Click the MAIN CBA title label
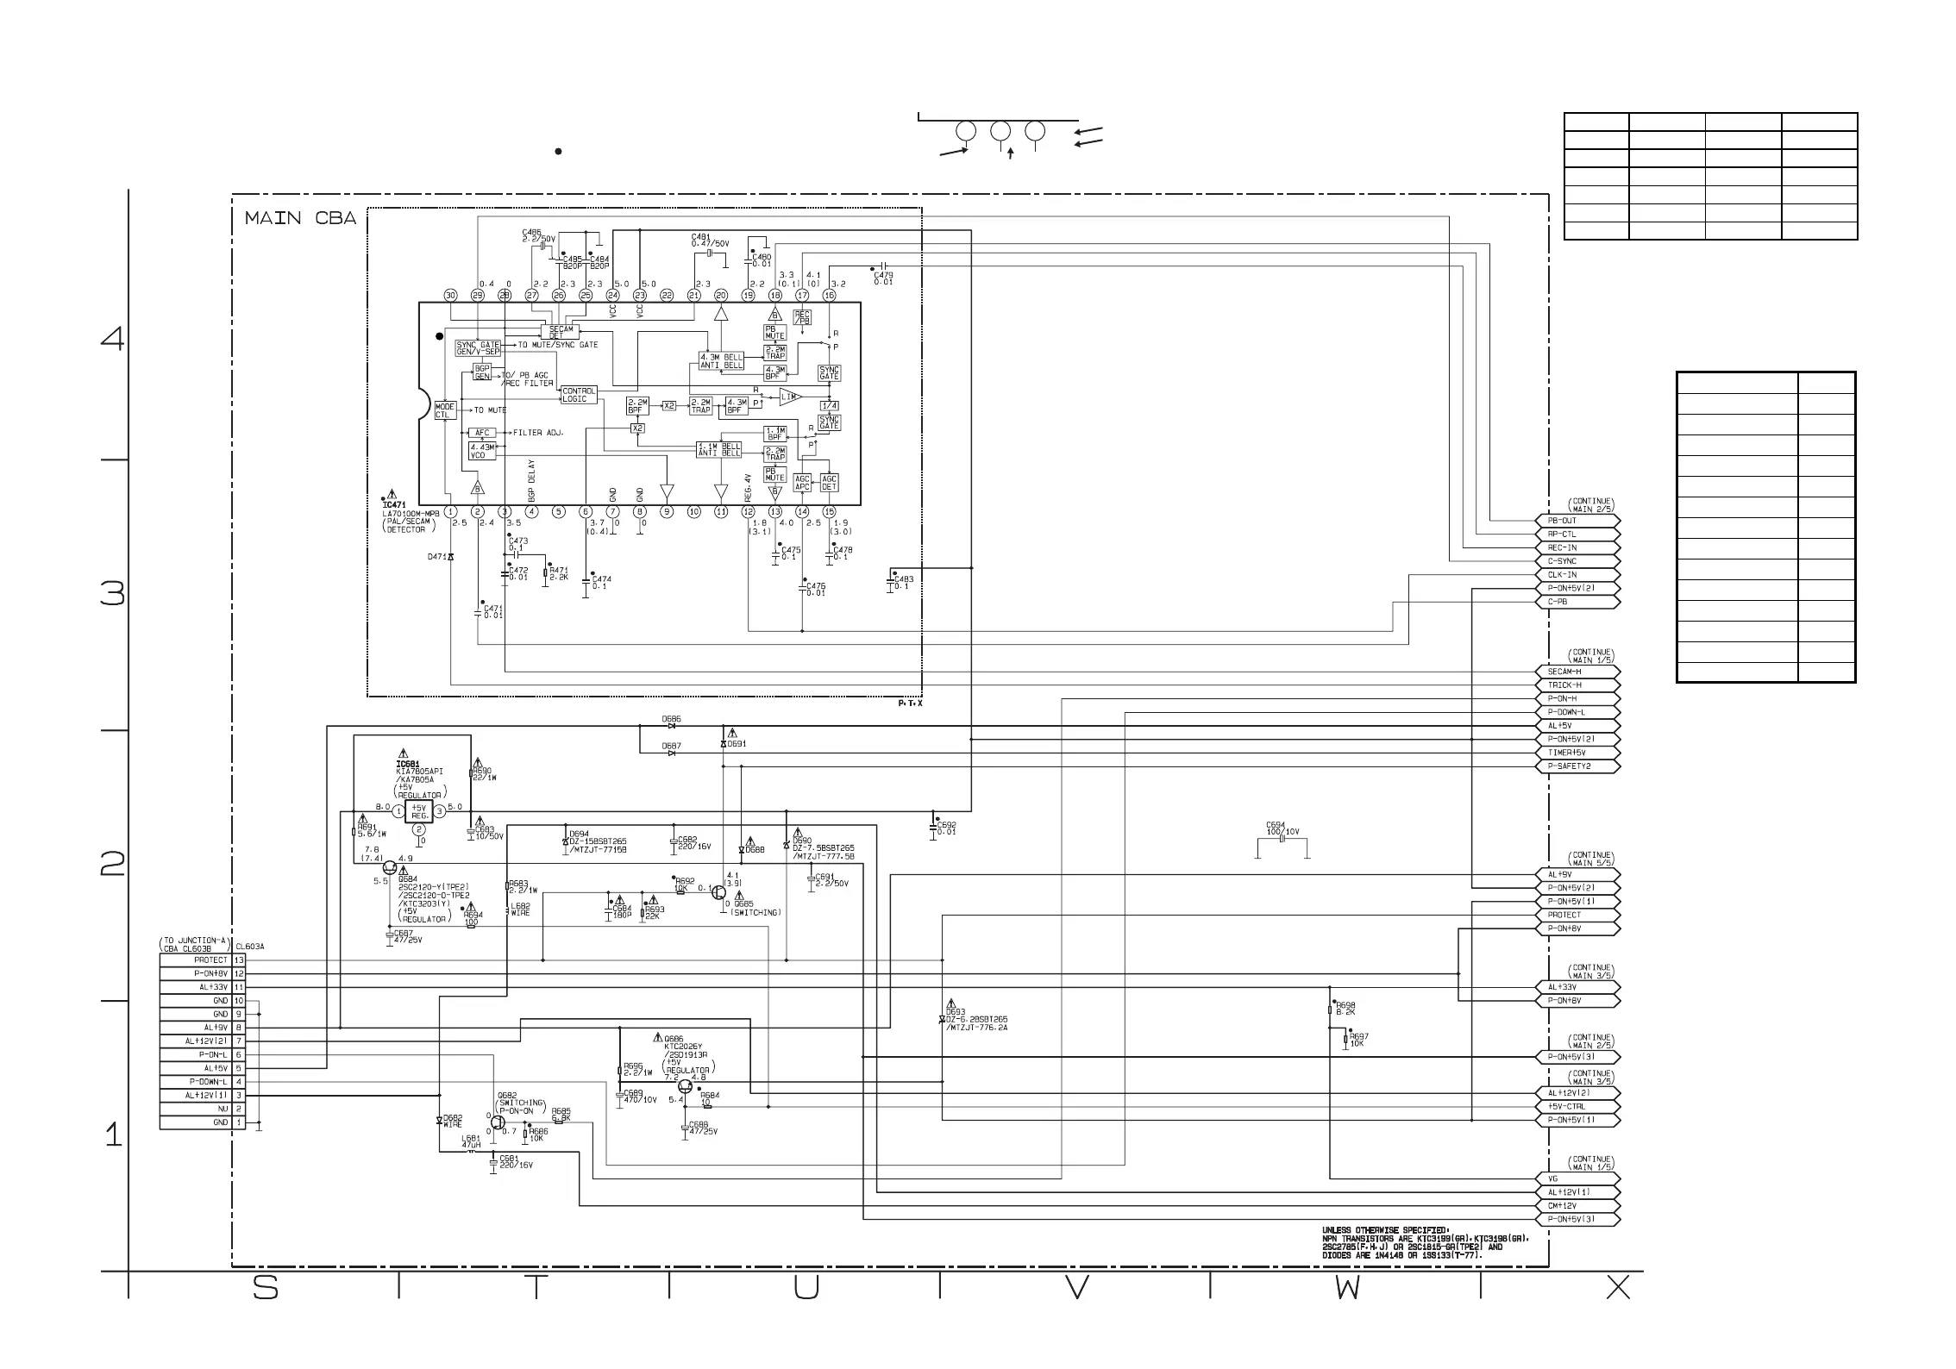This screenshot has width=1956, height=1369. point(300,218)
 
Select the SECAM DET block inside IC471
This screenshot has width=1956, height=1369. point(561,332)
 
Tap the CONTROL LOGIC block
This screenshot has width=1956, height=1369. point(579,395)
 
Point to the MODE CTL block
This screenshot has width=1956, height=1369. point(445,410)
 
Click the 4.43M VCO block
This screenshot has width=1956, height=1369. point(482,450)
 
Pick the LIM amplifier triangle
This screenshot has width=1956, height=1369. point(789,397)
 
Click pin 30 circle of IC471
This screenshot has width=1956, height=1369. point(450,295)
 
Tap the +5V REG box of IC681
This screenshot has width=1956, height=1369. point(419,811)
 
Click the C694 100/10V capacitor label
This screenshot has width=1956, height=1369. point(1282,828)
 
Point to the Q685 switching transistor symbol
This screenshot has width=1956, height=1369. point(719,892)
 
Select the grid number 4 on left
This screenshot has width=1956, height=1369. point(112,339)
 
